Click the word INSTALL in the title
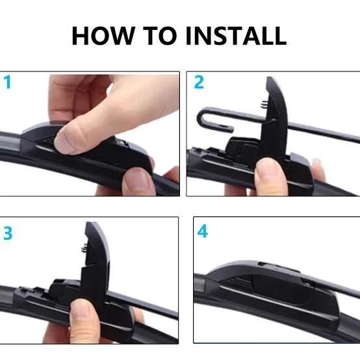(x=236, y=35)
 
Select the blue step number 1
(x=8, y=83)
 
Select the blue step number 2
(x=199, y=83)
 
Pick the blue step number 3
(x=8, y=234)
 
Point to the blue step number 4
(x=203, y=232)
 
